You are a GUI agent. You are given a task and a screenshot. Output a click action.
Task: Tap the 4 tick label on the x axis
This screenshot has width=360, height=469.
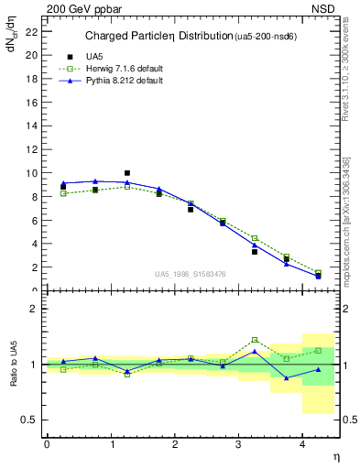pyautogui.click(x=305, y=443)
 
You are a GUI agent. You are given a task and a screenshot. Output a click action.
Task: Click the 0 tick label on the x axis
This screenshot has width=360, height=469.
pyautogui.click(x=47, y=443)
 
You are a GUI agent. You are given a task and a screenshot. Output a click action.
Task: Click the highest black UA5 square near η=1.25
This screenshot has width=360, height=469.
pyautogui.click(x=126, y=172)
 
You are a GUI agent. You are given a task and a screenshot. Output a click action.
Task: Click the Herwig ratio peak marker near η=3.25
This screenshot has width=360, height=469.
pyautogui.click(x=255, y=340)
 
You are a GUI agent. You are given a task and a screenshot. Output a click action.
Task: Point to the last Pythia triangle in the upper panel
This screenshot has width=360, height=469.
pyautogui.click(x=318, y=276)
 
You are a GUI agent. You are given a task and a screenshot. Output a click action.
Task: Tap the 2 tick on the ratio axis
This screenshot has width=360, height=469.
pyautogui.click(x=32, y=309)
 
